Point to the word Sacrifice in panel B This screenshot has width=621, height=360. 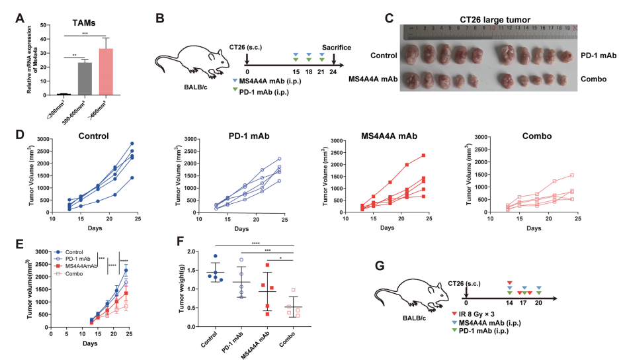point(336,48)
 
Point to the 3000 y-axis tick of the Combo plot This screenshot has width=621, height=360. point(487,140)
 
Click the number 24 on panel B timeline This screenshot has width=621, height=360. point(334,72)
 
